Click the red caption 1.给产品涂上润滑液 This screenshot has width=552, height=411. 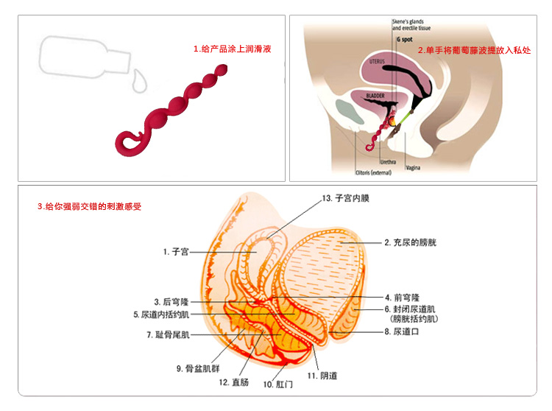point(228,49)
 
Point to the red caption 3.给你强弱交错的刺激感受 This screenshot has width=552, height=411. point(89,207)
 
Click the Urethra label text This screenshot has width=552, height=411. point(388,161)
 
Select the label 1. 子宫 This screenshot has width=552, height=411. point(177,252)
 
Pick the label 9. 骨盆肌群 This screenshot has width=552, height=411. point(198,368)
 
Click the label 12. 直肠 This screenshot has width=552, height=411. point(235,382)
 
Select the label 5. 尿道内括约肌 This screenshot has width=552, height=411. point(161,315)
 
